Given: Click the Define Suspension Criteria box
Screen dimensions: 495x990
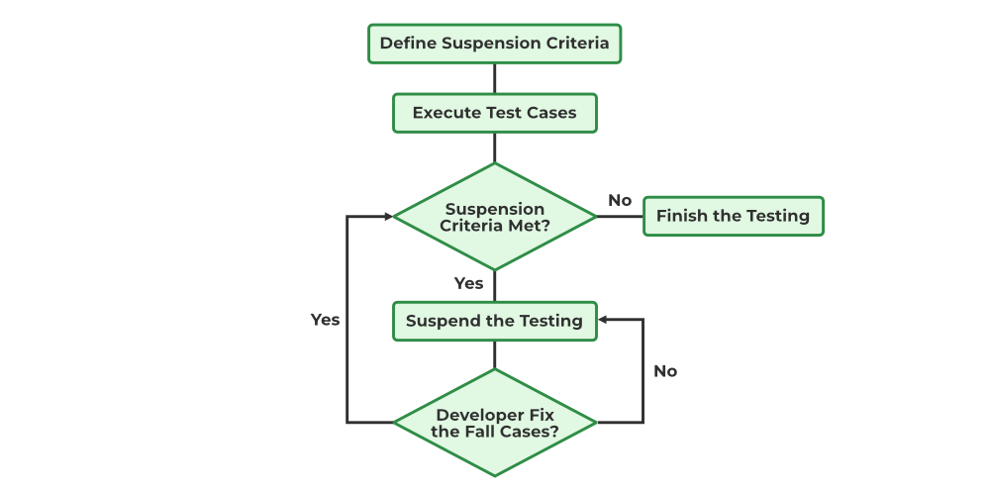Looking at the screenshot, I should pos(494,44).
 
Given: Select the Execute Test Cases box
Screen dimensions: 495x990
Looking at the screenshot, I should pos(494,113).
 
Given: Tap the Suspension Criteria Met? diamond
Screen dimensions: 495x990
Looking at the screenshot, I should pos(495,217).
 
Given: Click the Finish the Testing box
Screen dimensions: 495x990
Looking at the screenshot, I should pos(733,216).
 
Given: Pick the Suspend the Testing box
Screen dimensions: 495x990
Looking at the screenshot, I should pos(494,321).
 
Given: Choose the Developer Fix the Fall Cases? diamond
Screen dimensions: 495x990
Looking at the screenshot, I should pos(495,423).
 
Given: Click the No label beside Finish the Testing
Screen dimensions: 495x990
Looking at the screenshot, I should pos(620,200).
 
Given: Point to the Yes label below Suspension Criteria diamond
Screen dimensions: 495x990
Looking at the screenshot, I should pos(468,283).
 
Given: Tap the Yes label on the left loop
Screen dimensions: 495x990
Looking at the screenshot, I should pos(325,320).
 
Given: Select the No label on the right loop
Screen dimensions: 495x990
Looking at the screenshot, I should pos(665,371).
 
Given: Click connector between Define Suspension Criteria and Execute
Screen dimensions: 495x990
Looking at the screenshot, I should pos(494,78).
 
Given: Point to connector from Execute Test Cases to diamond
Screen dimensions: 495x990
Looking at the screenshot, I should pos(494,148).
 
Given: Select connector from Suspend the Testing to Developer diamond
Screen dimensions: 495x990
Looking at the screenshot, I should pos(494,355).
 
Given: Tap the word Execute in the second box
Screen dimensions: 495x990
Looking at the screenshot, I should pos(446,113).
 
